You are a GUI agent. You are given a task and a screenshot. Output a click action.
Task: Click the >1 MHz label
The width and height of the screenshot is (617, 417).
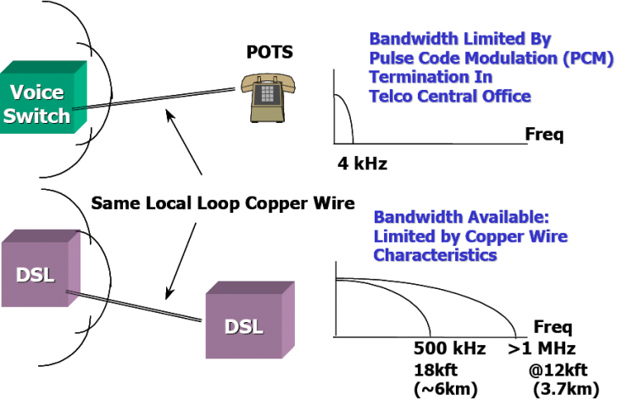pos(542,349)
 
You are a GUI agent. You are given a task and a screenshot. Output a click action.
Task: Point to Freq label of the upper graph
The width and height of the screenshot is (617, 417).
pos(544,134)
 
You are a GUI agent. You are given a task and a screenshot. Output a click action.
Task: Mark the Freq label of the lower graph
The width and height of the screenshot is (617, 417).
pos(553,327)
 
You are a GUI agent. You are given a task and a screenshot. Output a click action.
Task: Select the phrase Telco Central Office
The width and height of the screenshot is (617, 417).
pos(450,96)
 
